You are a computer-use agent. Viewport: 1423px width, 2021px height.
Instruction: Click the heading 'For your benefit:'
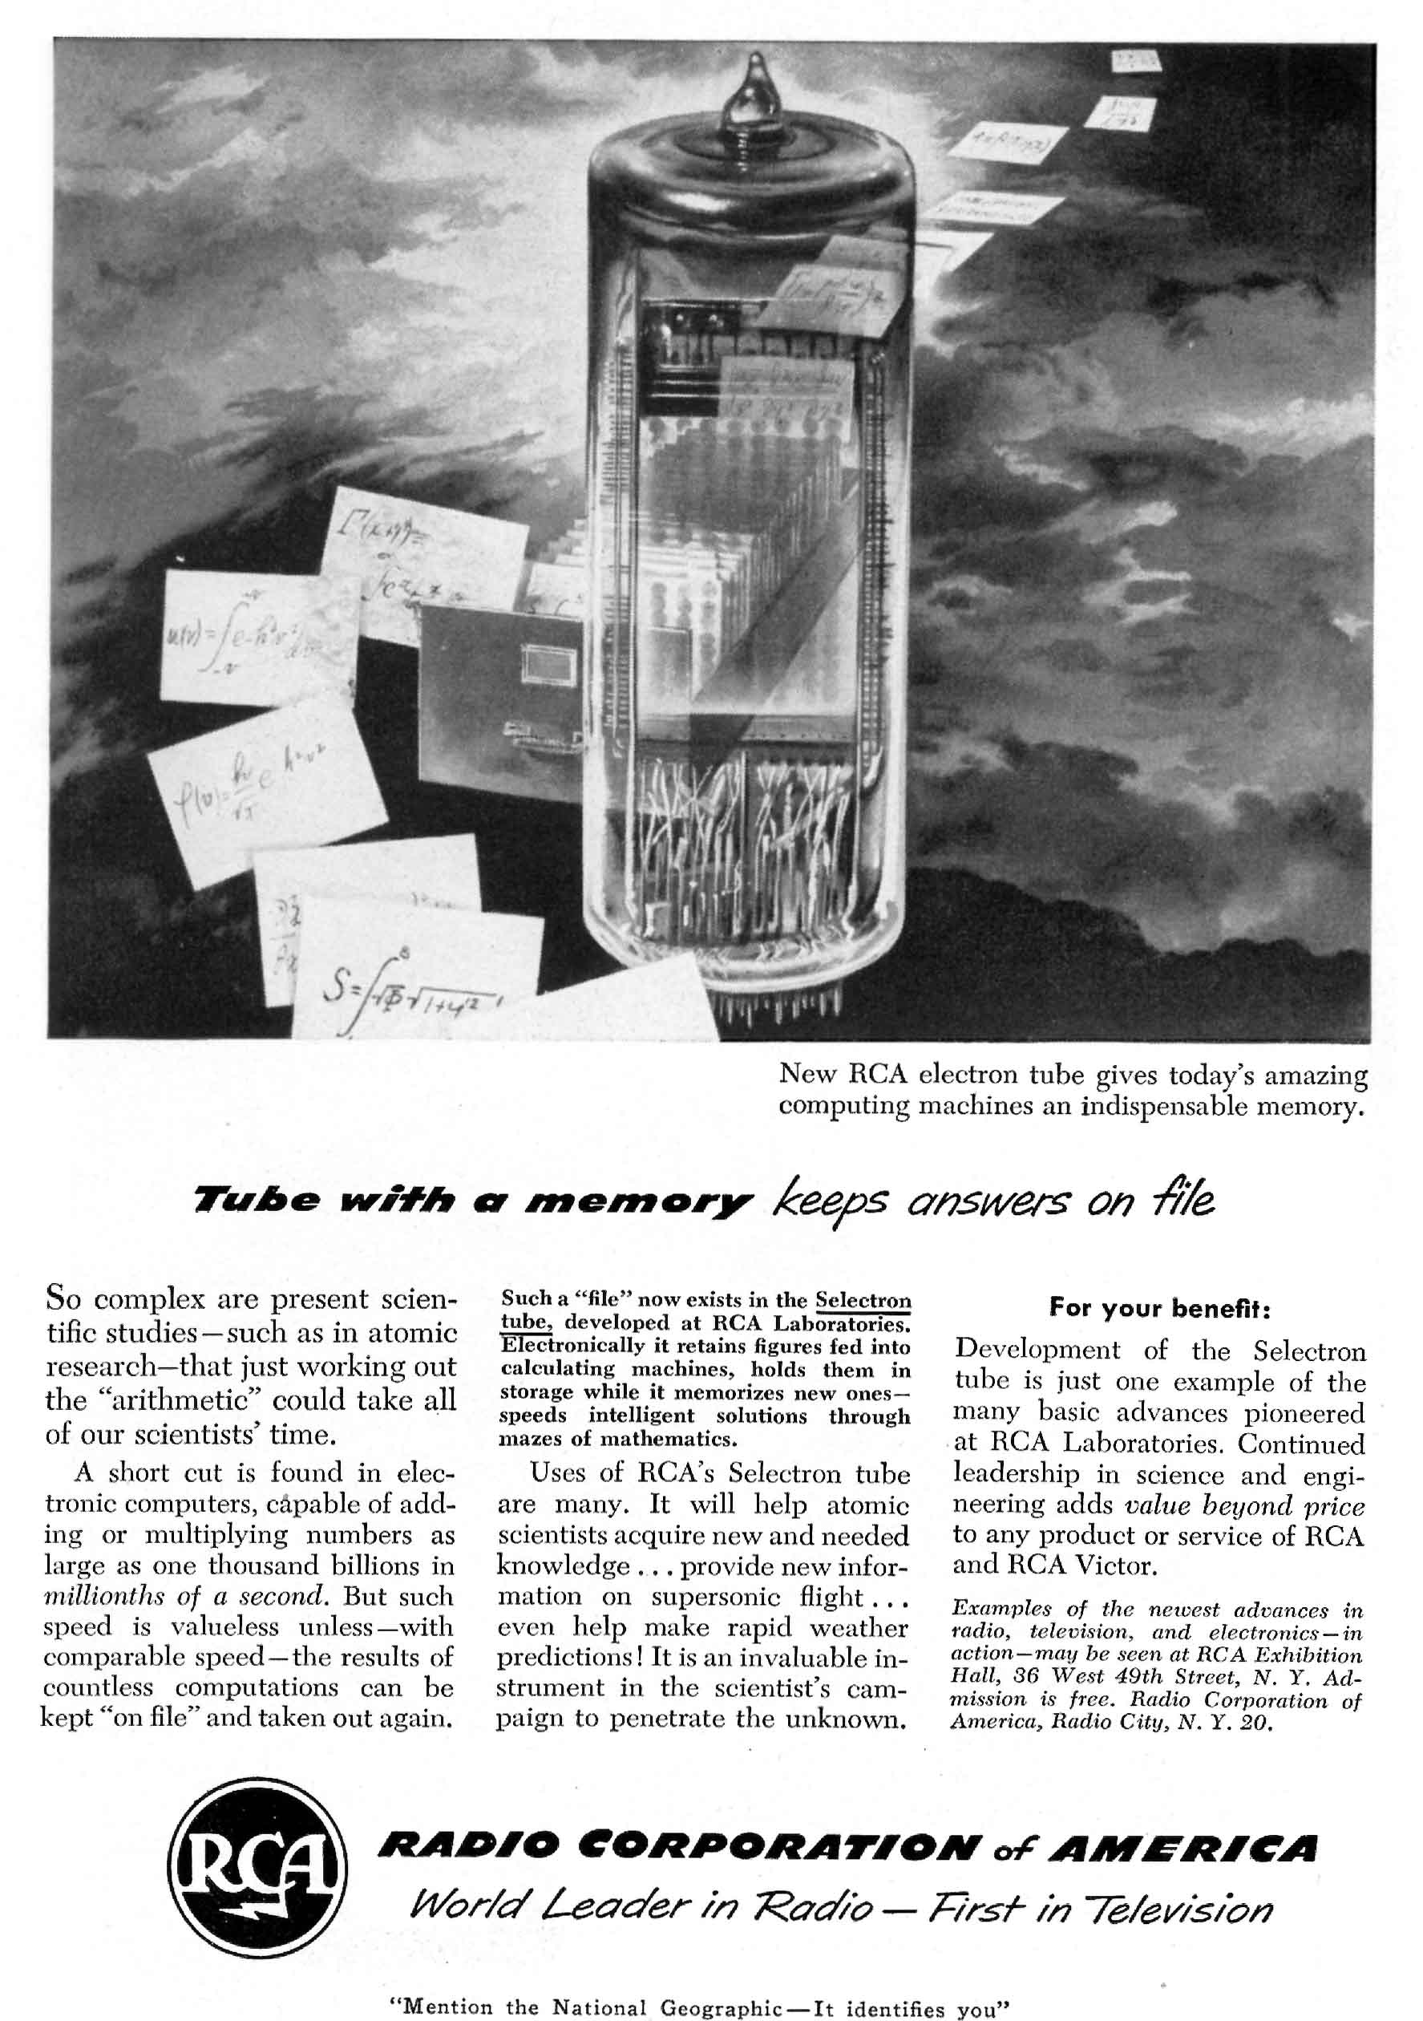coord(1159,1308)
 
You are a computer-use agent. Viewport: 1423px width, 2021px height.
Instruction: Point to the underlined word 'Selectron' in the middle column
coord(863,1300)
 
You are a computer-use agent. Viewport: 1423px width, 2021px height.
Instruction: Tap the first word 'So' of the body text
coord(66,1298)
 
